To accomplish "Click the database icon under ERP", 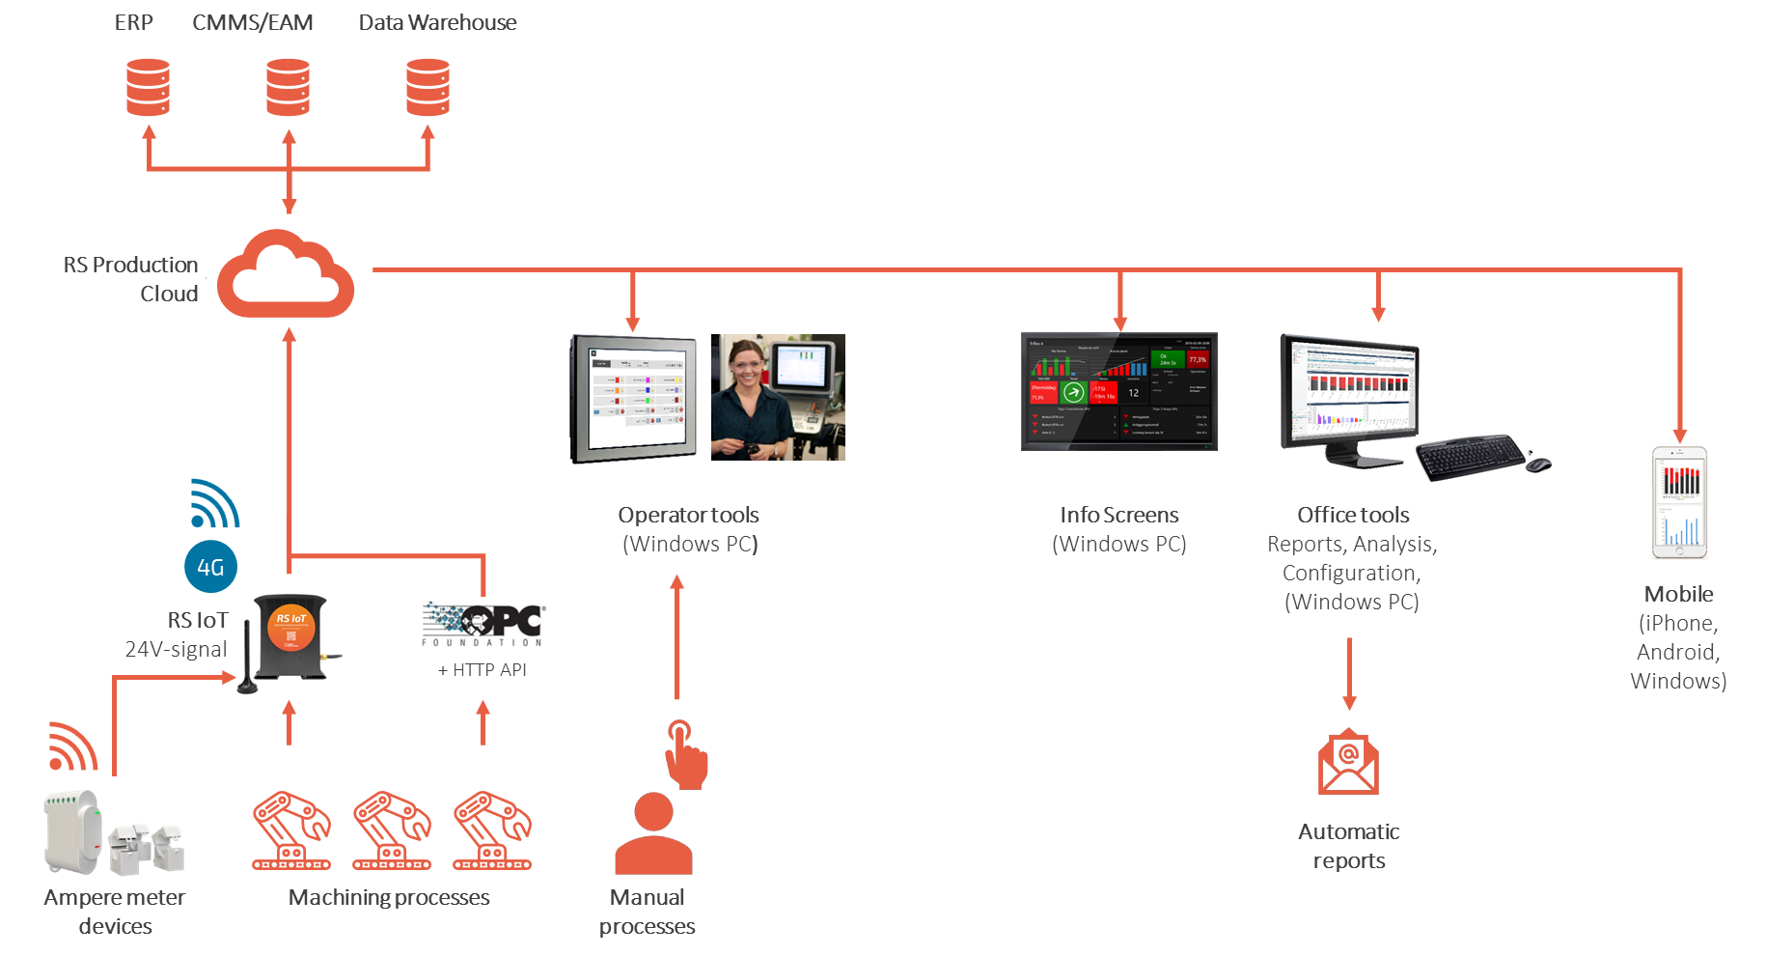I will click(x=149, y=87).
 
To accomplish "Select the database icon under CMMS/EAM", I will click(x=289, y=87).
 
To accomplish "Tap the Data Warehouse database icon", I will click(x=428, y=87).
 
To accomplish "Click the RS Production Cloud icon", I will click(x=285, y=275).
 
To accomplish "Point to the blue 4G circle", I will click(x=210, y=567).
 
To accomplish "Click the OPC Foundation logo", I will click(x=483, y=626).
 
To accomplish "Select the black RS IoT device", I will click(x=290, y=643).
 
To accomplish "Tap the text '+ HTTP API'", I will click(x=483, y=670).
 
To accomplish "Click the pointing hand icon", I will click(x=686, y=754).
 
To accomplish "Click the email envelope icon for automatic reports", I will click(x=1348, y=763).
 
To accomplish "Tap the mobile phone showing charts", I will click(x=1679, y=502).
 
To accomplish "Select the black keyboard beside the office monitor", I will click(x=1472, y=459).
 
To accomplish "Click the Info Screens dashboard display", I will click(x=1119, y=391).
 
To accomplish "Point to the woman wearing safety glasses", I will click(x=778, y=397).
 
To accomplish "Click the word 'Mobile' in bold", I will click(x=1679, y=594).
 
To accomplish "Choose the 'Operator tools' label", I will click(x=688, y=516).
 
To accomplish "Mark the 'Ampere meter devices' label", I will click(x=115, y=912).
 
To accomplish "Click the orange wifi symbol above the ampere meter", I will click(x=72, y=746).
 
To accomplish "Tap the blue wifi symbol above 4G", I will click(x=213, y=504).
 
